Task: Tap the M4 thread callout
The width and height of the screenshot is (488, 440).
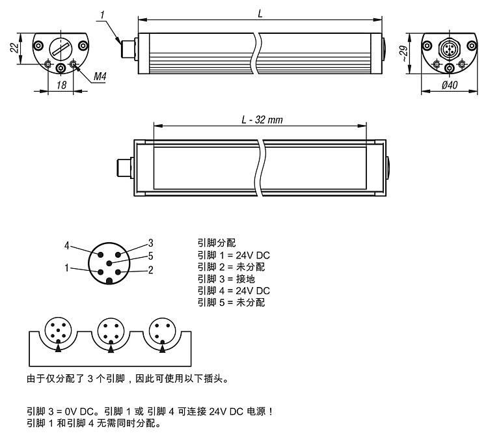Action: (100, 77)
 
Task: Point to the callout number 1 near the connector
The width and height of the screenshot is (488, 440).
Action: (102, 15)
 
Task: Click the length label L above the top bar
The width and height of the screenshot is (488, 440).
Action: (260, 14)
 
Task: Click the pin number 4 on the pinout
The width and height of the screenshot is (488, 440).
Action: (66, 245)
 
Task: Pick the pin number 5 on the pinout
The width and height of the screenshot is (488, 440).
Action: (150, 256)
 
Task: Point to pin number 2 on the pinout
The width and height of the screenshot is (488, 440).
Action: (150, 269)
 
